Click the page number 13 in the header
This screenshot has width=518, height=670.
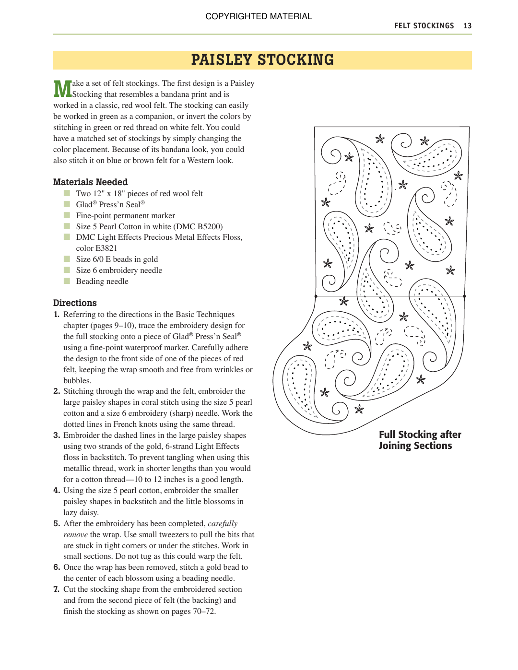(x=468, y=26)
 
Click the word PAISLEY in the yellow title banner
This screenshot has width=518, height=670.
(x=222, y=60)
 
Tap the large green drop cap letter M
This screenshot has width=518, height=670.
(x=62, y=89)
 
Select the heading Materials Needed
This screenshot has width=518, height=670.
(x=90, y=182)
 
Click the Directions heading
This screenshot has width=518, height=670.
(x=75, y=303)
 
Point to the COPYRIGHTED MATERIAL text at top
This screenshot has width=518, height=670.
(x=259, y=16)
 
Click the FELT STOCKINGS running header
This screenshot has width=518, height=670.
(x=424, y=26)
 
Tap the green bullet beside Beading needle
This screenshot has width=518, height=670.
(x=67, y=281)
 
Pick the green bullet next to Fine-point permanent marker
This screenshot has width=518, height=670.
(x=67, y=215)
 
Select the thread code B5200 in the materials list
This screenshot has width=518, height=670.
(x=209, y=227)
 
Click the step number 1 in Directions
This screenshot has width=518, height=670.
(x=57, y=315)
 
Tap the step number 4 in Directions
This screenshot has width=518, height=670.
(x=57, y=491)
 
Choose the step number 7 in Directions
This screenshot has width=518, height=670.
(x=57, y=589)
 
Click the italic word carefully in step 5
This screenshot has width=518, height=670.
(x=223, y=524)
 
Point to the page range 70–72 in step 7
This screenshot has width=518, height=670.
(x=203, y=611)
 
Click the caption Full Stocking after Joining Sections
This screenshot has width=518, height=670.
(x=420, y=440)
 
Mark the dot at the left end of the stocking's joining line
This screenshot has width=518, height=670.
(x=316, y=296)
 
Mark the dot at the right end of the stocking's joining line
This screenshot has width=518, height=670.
(x=464, y=296)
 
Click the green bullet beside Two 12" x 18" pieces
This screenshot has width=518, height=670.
(x=67, y=193)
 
